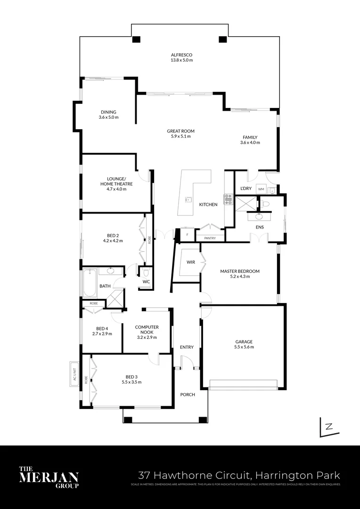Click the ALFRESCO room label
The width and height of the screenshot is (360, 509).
[x=181, y=55]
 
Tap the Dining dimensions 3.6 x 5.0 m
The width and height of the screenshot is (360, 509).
[x=108, y=117]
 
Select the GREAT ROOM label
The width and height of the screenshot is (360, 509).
[x=180, y=131]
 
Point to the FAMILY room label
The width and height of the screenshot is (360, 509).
[x=250, y=138]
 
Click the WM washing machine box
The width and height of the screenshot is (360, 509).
[x=261, y=189]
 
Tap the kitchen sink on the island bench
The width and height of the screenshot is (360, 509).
[x=188, y=199]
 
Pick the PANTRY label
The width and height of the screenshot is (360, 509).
[x=210, y=238]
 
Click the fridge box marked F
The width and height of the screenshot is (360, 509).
[x=188, y=234]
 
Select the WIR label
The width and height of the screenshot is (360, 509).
[x=191, y=262]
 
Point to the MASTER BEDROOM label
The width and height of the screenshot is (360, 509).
[x=240, y=271]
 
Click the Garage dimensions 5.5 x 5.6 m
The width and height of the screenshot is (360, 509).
[x=244, y=347]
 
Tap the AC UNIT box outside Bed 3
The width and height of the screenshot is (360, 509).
[x=74, y=374]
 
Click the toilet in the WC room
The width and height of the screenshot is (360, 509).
[x=146, y=273]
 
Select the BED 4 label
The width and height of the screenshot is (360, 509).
[x=102, y=328]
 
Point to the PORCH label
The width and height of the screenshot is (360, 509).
[x=188, y=394]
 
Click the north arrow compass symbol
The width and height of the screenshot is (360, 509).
[x=327, y=427]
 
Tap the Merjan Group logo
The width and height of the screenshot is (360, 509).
[x=49, y=476]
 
